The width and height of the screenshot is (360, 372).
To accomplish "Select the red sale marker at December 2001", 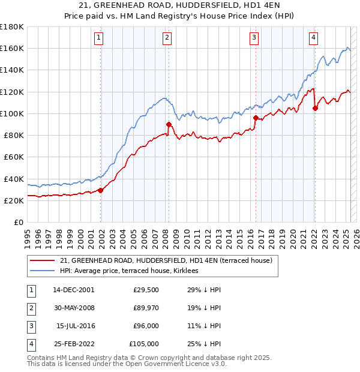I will [x=101, y=190].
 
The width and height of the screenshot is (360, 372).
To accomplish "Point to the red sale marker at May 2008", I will [x=169, y=124].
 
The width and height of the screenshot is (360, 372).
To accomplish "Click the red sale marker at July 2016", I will [x=256, y=118].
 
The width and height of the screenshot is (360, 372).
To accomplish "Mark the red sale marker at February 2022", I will [x=315, y=108].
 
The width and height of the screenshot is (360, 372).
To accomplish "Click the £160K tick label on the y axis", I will [x=11, y=48].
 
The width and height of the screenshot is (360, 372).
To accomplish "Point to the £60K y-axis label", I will [x=13, y=157].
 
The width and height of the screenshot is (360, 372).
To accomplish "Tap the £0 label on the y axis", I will [x=18, y=222].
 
